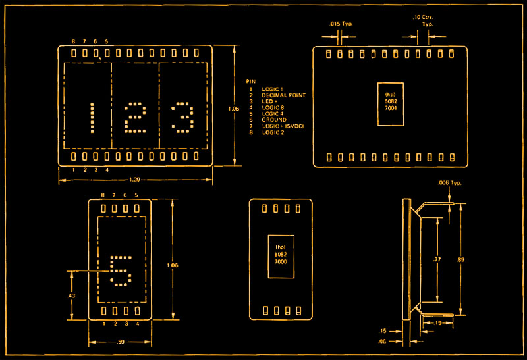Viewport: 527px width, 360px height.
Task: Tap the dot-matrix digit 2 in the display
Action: coord(135,118)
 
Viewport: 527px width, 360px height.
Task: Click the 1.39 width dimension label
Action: coord(134,180)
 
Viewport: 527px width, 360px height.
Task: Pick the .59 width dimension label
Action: coord(120,342)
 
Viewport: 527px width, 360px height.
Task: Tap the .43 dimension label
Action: coord(71,296)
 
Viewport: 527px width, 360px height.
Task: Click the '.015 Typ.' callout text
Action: coord(341,24)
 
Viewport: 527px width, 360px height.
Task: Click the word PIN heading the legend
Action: coord(250,82)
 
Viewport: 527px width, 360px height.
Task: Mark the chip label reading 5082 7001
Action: coord(389,104)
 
